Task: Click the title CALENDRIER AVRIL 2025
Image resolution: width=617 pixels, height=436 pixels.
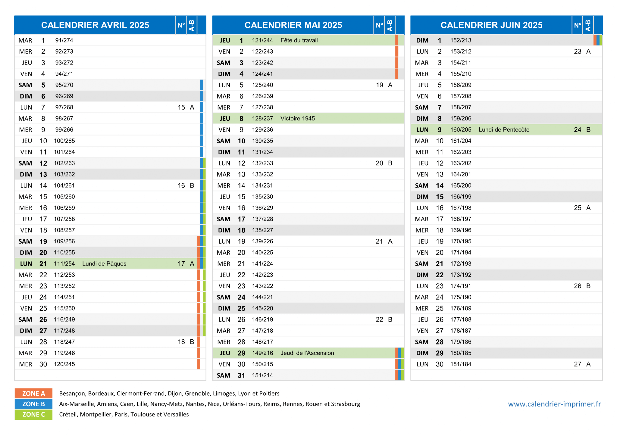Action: click(95, 25)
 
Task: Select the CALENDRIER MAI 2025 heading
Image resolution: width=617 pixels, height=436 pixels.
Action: click(293, 25)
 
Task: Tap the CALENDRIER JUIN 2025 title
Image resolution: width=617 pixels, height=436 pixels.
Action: click(492, 25)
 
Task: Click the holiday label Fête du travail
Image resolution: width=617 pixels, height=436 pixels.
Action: click(299, 40)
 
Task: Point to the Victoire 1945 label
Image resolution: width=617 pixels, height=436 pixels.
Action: click(298, 119)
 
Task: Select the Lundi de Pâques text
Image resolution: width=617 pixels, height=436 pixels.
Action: click(104, 264)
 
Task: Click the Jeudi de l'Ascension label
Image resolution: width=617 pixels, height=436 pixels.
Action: click(307, 353)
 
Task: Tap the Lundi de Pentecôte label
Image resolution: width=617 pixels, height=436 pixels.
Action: click(504, 130)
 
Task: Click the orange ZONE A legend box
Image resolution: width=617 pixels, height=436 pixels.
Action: click(33, 394)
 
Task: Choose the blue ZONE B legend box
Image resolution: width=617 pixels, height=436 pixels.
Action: click(33, 404)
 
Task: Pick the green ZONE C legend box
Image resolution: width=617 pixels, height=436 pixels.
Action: click(33, 415)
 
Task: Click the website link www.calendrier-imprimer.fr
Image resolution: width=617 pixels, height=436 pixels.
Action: click(554, 404)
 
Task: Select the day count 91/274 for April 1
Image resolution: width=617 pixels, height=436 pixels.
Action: click(64, 40)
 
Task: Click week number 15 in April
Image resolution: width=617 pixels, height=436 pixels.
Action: click(181, 107)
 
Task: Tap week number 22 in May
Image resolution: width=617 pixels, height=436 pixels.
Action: click(380, 319)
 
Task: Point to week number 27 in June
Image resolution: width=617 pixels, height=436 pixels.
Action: click(578, 364)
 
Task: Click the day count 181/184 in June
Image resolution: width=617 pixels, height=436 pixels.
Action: click(461, 364)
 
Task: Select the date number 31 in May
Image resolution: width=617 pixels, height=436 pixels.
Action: click(241, 375)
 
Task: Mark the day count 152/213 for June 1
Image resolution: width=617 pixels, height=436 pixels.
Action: click(461, 40)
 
